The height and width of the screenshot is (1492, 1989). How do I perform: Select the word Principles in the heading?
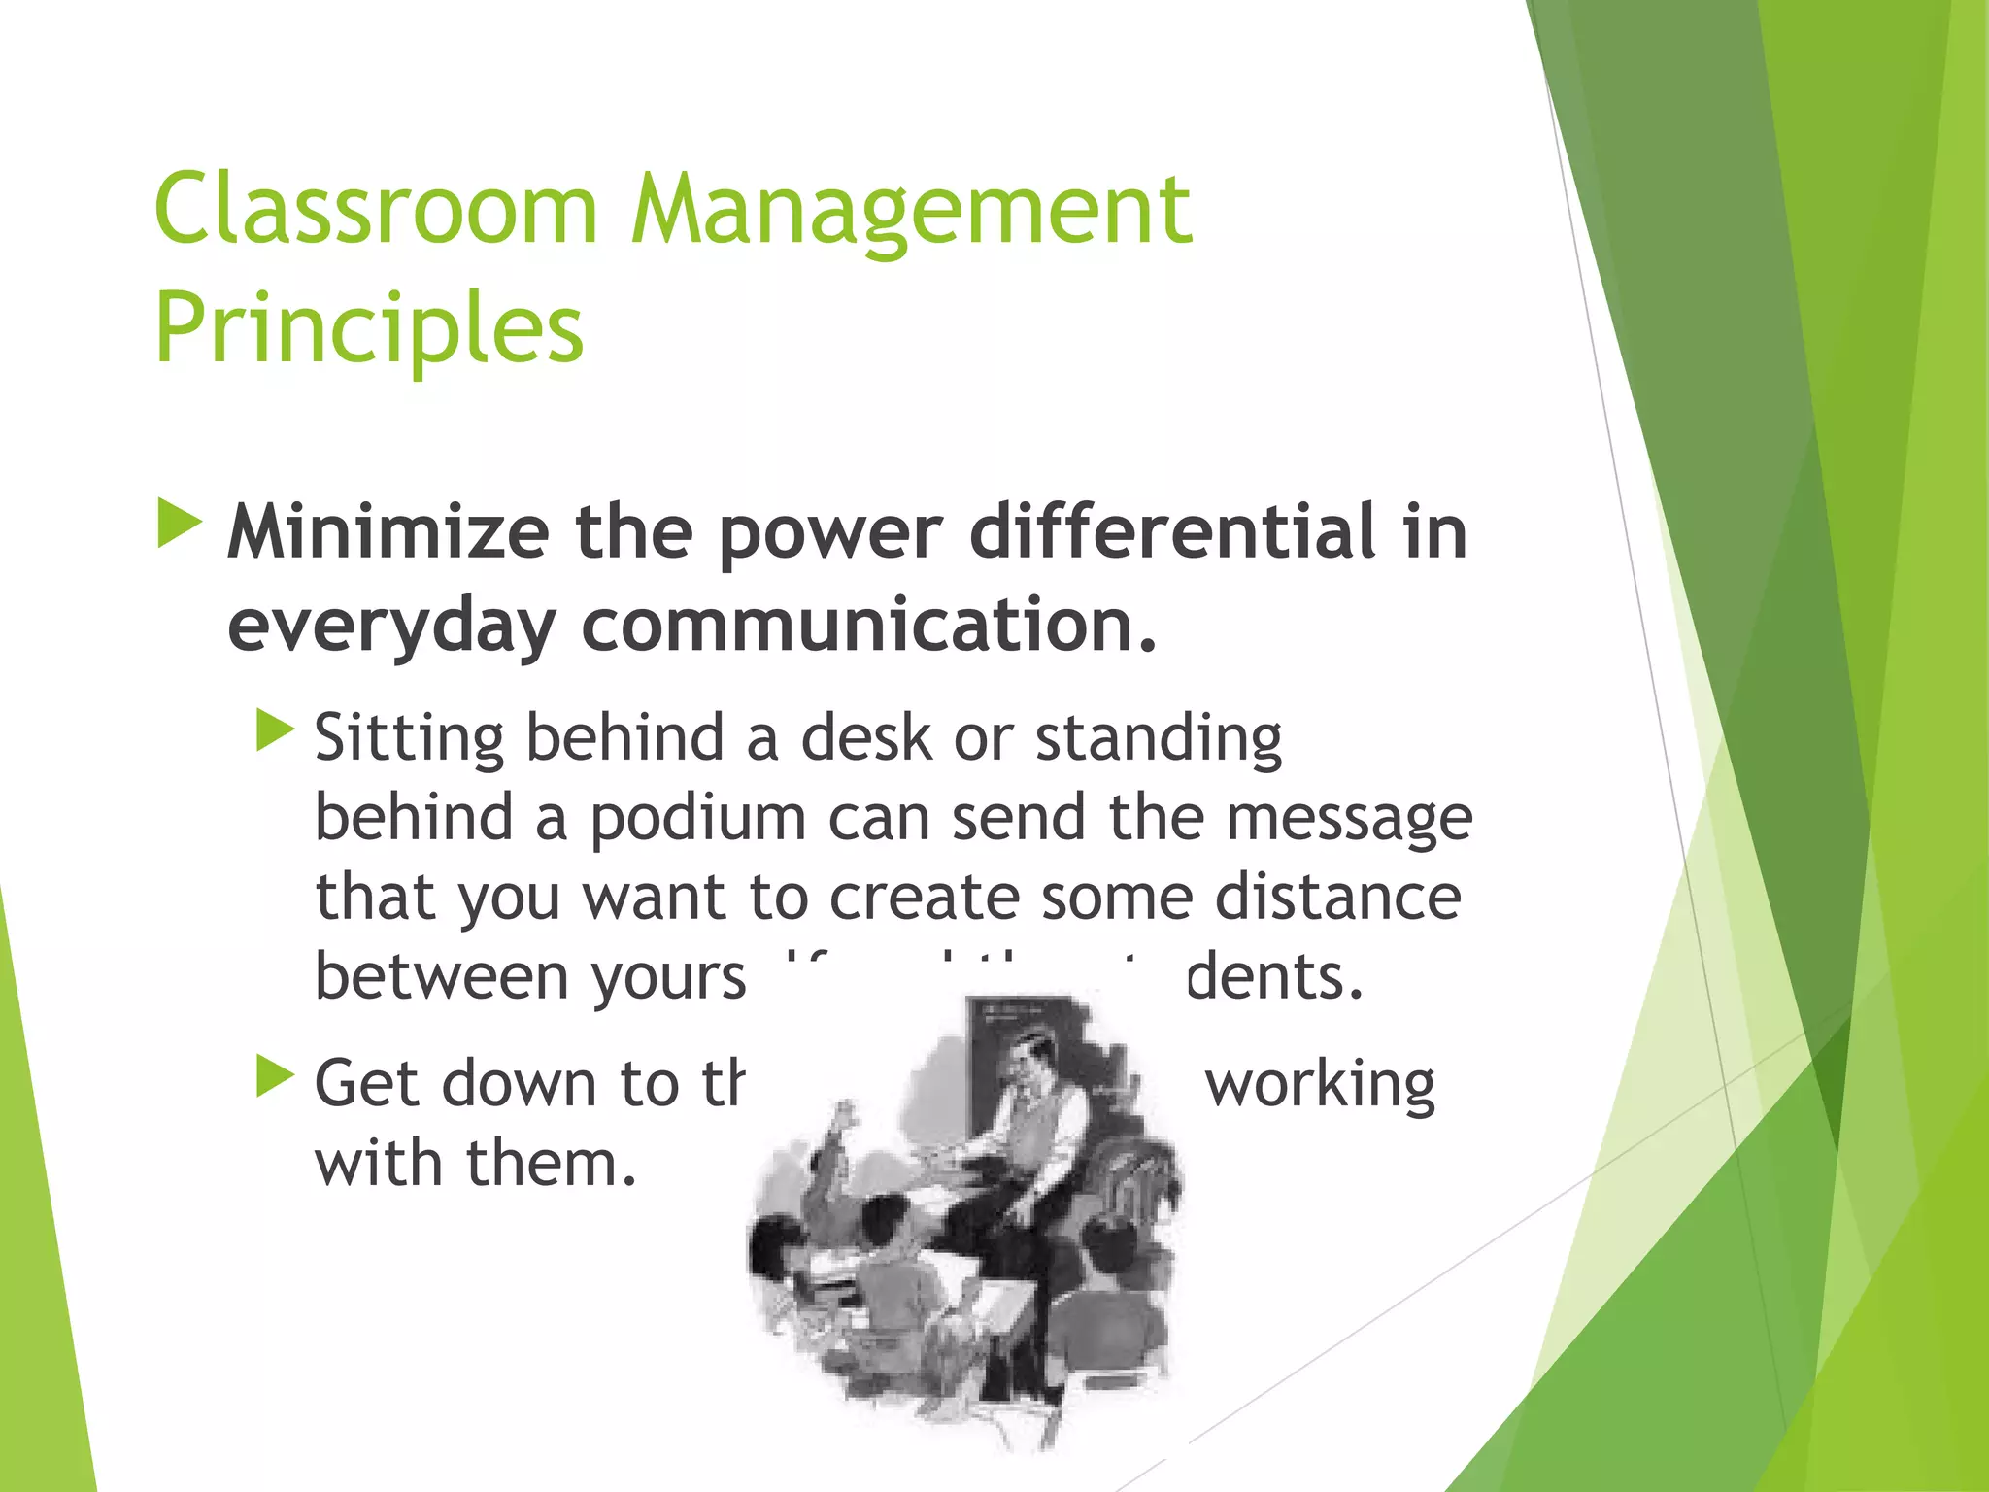369,328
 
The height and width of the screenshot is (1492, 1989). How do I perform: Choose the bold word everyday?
391,627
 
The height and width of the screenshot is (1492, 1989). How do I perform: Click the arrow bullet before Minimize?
180,524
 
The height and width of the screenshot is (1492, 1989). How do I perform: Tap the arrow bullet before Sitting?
275,730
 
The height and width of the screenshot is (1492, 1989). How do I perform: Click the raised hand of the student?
849,1113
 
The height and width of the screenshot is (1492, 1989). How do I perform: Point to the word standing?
1159,739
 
